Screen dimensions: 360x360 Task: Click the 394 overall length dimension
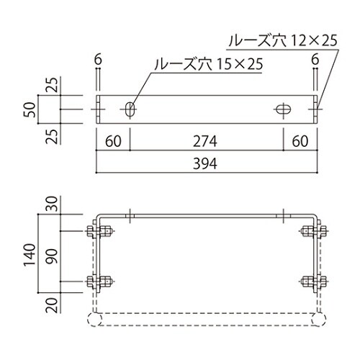207,163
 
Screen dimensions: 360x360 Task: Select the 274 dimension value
207,140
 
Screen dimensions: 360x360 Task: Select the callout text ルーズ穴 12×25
282,41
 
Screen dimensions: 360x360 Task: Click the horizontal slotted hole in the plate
283,109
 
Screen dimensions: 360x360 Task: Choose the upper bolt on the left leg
97,232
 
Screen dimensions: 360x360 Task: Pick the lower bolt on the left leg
97,281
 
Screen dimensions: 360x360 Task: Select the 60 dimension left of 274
113,140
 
